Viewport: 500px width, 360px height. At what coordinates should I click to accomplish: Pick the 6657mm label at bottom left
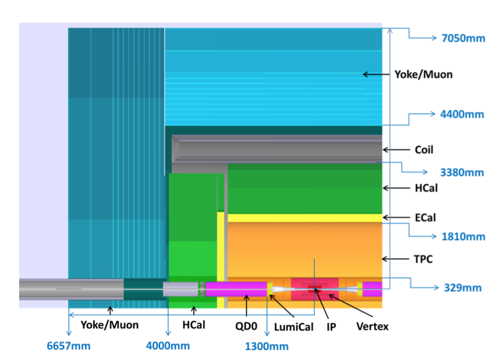pos(68,346)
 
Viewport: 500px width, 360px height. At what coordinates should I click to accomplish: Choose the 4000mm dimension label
pos(168,346)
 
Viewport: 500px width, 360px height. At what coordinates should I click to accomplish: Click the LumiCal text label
pos(293,326)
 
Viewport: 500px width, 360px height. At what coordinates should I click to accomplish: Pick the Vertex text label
pos(372,326)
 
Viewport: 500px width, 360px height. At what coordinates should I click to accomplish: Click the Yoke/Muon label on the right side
pos(423,74)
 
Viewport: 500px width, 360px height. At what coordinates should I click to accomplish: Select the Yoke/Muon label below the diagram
pos(110,325)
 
